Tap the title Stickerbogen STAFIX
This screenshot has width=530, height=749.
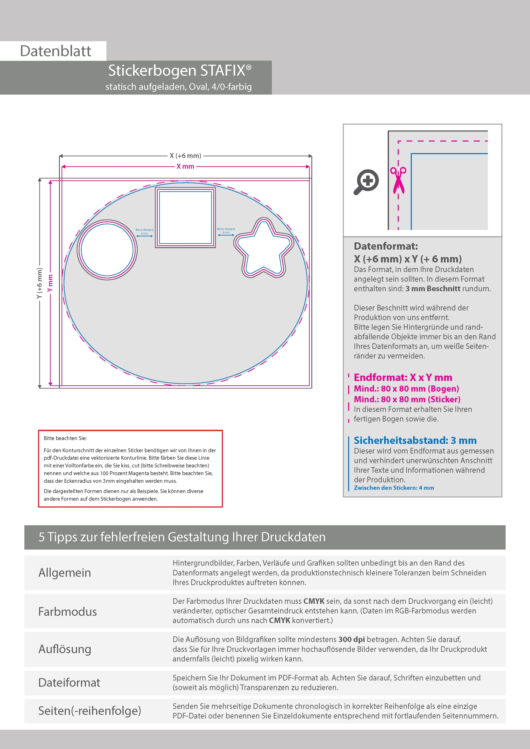tap(180, 70)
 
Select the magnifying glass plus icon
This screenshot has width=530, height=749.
tap(366, 182)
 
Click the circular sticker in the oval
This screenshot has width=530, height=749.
tap(107, 250)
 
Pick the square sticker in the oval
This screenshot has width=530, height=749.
tap(185, 218)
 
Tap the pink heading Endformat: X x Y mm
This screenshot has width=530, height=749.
tap(403, 377)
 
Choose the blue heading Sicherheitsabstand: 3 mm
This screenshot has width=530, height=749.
tap(415, 440)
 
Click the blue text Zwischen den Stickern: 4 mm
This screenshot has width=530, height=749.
tap(394, 488)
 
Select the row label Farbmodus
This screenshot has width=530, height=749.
tap(68, 612)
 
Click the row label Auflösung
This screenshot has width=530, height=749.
tap(65, 649)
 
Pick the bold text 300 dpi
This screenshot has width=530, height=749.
tap(352, 639)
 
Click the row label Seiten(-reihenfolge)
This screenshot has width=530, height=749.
tap(90, 711)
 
